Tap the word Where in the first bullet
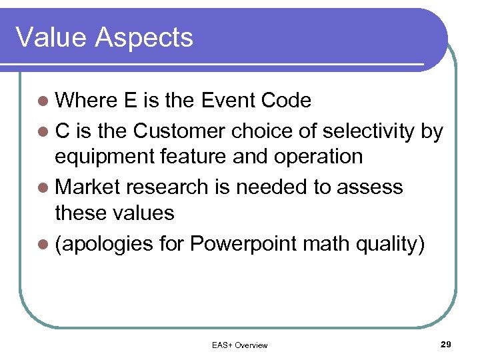pyautogui.click(x=86, y=101)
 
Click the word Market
pyautogui.click(x=88, y=187)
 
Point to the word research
pyautogui.click(x=168, y=187)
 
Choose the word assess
pyautogui.click(x=370, y=187)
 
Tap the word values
pyautogui.click(x=143, y=213)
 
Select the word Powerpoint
pyautogui.click(x=243, y=244)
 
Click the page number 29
pyautogui.click(x=446, y=344)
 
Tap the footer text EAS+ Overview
pyautogui.click(x=239, y=345)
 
